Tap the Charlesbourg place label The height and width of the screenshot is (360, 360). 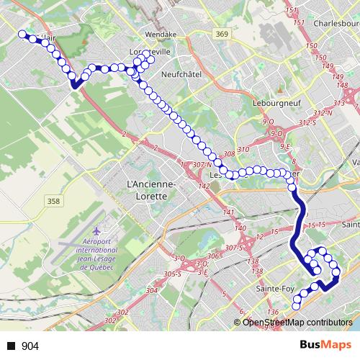[330, 22]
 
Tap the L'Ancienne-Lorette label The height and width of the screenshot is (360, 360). [150, 189]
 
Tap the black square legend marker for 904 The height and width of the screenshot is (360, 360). [11, 346]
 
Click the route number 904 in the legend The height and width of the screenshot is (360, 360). [31, 346]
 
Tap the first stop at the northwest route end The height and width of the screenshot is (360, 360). [22, 33]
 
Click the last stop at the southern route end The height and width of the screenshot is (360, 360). [294, 307]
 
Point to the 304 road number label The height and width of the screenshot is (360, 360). [150, 290]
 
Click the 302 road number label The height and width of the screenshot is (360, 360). [122, 312]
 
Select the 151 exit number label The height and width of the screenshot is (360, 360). [291, 9]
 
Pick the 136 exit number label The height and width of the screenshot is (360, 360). [272, 312]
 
